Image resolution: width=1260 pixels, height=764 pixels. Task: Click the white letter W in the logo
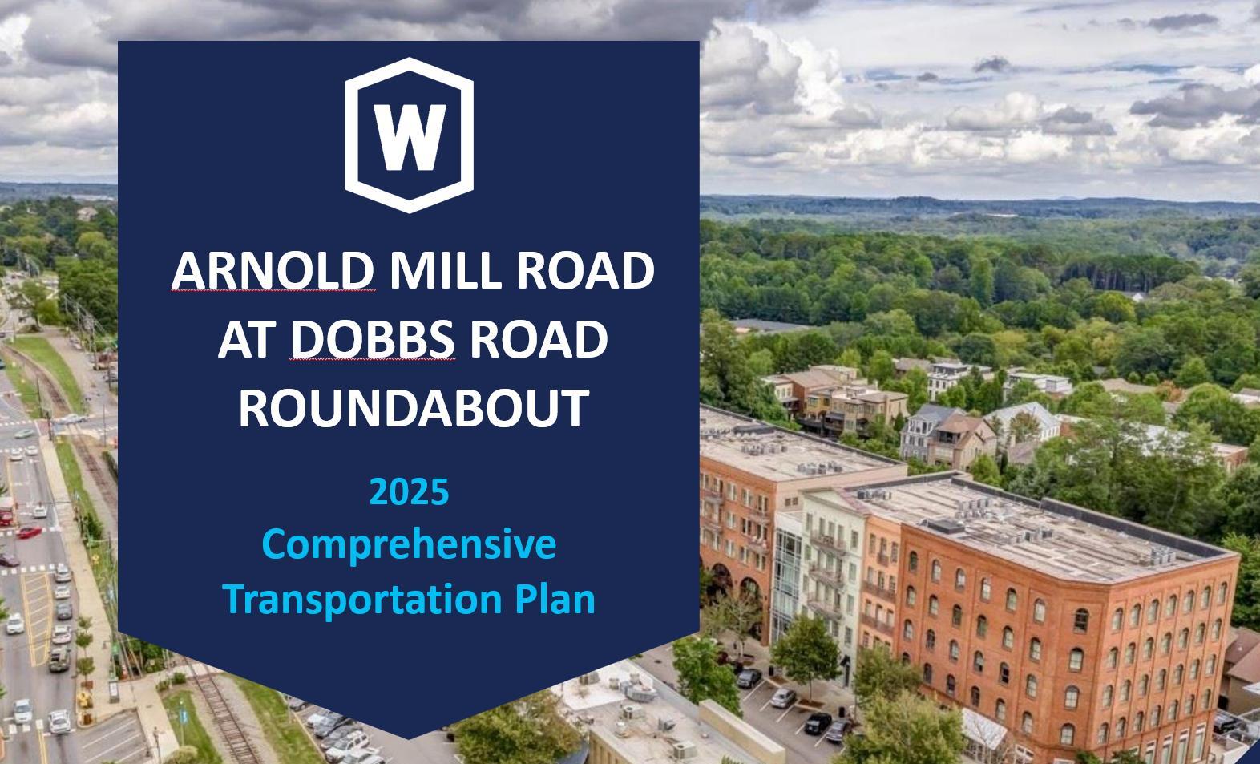pyautogui.click(x=410, y=137)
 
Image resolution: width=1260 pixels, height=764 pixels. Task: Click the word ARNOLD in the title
pyautogui.click(x=273, y=270)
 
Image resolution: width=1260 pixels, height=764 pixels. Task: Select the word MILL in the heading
pyautogui.click(x=445, y=270)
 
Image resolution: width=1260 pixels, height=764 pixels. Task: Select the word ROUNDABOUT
pyautogui.click(x=414, y=408)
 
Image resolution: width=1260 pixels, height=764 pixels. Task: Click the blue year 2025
pyautogui.click(x=409, y=491)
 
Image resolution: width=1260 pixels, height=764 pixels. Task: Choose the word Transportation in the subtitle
pyautogui.click(x=363, y=599)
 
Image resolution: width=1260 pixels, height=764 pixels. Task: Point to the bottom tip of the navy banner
pyautogui.click(x=409, y=738)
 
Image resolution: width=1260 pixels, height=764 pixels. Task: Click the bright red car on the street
pyautogui.click(x=28, y=532)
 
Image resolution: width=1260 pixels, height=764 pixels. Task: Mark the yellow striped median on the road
pyautogui.click(x=37, y=618)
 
